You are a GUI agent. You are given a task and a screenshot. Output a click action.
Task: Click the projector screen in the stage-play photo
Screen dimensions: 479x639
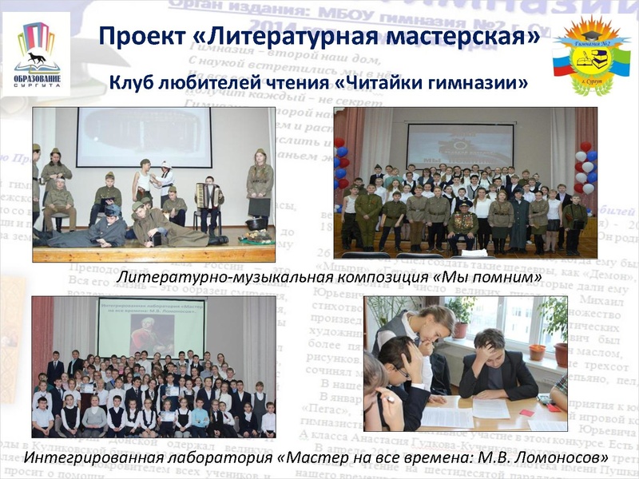[144, 137]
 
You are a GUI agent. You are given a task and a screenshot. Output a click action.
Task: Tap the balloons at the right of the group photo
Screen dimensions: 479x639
[585, 168]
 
